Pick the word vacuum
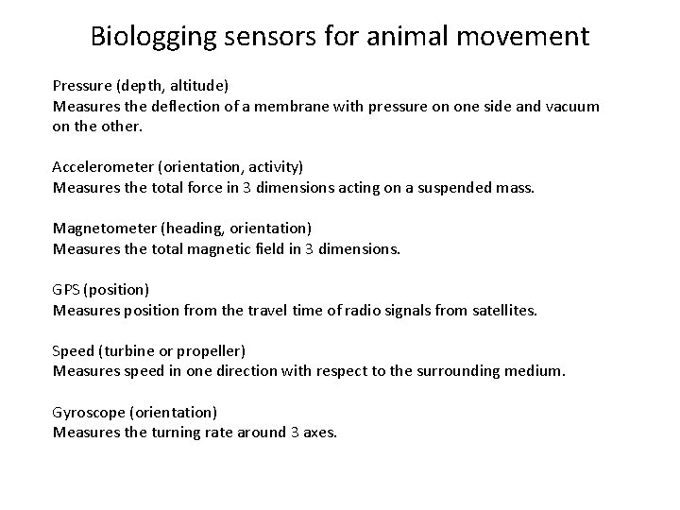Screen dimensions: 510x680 [570, 107]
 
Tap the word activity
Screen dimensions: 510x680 [273, 166]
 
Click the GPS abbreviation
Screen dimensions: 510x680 [65, 289]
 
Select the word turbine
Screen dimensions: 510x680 [131, 350]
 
